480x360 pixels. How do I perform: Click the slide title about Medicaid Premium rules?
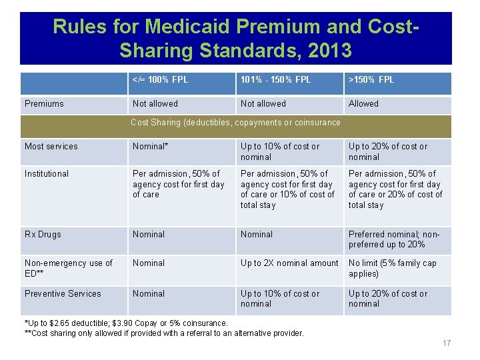tap(235, 37)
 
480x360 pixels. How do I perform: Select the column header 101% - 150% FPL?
tap(275, 80)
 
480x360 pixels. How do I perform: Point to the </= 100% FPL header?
tap(160, 80)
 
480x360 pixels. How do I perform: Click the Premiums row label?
tap(44, 104)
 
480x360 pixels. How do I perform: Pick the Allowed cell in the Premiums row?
tap(363, 104)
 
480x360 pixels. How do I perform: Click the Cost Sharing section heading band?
tap(235, 123)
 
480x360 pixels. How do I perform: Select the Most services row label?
tap(51, 147)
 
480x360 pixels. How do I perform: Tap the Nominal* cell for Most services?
tap(151, 147)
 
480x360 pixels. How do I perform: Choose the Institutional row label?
tap(47, 174)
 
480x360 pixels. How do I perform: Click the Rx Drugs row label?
tap(43, 235)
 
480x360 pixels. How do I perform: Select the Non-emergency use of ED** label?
tap(69, 268)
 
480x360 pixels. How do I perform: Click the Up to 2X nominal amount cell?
tap(289, 263)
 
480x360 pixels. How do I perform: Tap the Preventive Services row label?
tap(63, 294)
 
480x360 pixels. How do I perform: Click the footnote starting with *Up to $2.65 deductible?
tap(126, 323)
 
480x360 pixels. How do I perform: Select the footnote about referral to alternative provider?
tap(164, 333)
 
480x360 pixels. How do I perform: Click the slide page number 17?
tap(446, 343)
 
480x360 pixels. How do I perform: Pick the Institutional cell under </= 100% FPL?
tap(179, 184)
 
